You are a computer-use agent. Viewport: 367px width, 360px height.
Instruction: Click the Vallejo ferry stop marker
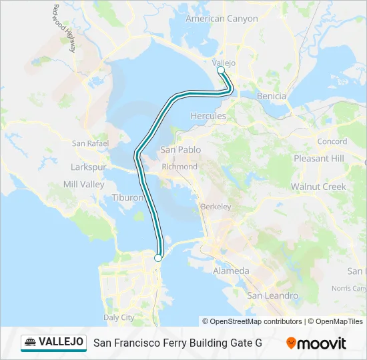221,69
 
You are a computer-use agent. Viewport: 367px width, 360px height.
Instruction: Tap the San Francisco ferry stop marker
158,258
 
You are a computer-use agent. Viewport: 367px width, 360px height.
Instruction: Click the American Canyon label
222,19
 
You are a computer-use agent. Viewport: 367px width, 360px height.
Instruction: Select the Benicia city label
272,96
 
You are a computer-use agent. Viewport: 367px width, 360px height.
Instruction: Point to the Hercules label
208,116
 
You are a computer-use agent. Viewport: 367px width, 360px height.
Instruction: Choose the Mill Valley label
83,184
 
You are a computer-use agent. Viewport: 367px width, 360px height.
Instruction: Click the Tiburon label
127,198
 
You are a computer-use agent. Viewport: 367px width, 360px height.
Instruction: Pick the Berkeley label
216,207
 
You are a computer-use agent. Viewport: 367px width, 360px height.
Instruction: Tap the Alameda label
231,271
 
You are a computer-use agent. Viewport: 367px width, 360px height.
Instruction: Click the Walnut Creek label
318,187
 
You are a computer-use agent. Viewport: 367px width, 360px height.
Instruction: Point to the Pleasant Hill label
319,159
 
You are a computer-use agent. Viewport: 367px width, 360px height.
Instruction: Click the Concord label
332,141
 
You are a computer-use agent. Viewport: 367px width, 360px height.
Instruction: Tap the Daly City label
119,317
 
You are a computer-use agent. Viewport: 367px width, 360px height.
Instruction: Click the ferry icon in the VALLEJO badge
31,342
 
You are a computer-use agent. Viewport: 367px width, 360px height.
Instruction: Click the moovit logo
316,343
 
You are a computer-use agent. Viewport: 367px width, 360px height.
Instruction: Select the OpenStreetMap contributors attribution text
256,321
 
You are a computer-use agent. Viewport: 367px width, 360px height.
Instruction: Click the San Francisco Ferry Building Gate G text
177,343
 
